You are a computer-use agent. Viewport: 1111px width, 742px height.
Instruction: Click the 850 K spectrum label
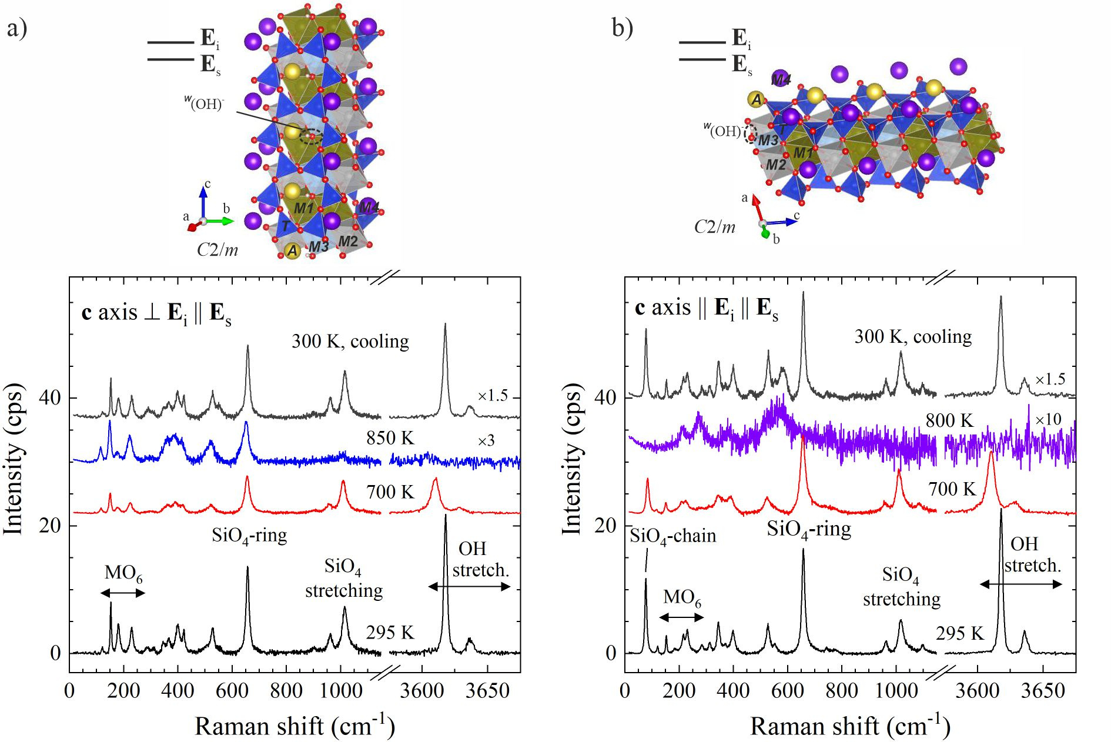pyautogui.click(x=390, y=438)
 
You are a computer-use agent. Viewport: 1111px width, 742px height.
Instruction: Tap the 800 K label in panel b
pyautogui.click(x=949, y=420)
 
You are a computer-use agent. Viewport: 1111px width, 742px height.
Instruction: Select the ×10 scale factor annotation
pyautogui.click(x=1048, y=419)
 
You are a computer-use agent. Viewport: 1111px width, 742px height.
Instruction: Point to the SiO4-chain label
pyautogui.click(x=673, y=536)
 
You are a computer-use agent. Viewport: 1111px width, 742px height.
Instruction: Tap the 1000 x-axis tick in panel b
pyautogui.click(x=896, y=691)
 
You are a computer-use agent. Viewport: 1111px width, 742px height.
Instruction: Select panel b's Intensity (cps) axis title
pyautogui.click(x=571, y=459)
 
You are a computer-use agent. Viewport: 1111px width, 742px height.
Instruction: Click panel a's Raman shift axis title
pyautogui.click(x=295, y=726)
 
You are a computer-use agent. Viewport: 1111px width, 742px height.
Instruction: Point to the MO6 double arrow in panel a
pyautogui.click(x=123, y=593)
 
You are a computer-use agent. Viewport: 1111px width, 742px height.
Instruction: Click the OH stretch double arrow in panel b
pyautogui.click(x=1020, y=584)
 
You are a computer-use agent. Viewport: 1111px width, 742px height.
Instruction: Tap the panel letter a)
pyautogui.click(x=17, y=28)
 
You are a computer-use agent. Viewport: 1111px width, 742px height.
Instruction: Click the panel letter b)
pyautogui.click(x=622, y=27)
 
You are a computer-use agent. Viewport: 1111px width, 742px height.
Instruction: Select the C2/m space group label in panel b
pyautogui.click(x=714, y=227)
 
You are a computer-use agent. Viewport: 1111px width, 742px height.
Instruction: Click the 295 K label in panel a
pyautogui.click(x=390, y=633)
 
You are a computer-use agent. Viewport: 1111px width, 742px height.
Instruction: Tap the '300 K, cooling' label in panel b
pyautogui.click(x=913, y=336)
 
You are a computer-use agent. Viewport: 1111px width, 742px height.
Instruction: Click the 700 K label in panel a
pyautogui.click(x=390, y=492)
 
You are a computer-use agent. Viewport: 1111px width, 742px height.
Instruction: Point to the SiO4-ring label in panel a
pyautogui.click(x=249, y=536)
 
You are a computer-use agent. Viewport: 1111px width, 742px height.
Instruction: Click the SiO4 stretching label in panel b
pyautogui.click(x=901, y=587)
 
